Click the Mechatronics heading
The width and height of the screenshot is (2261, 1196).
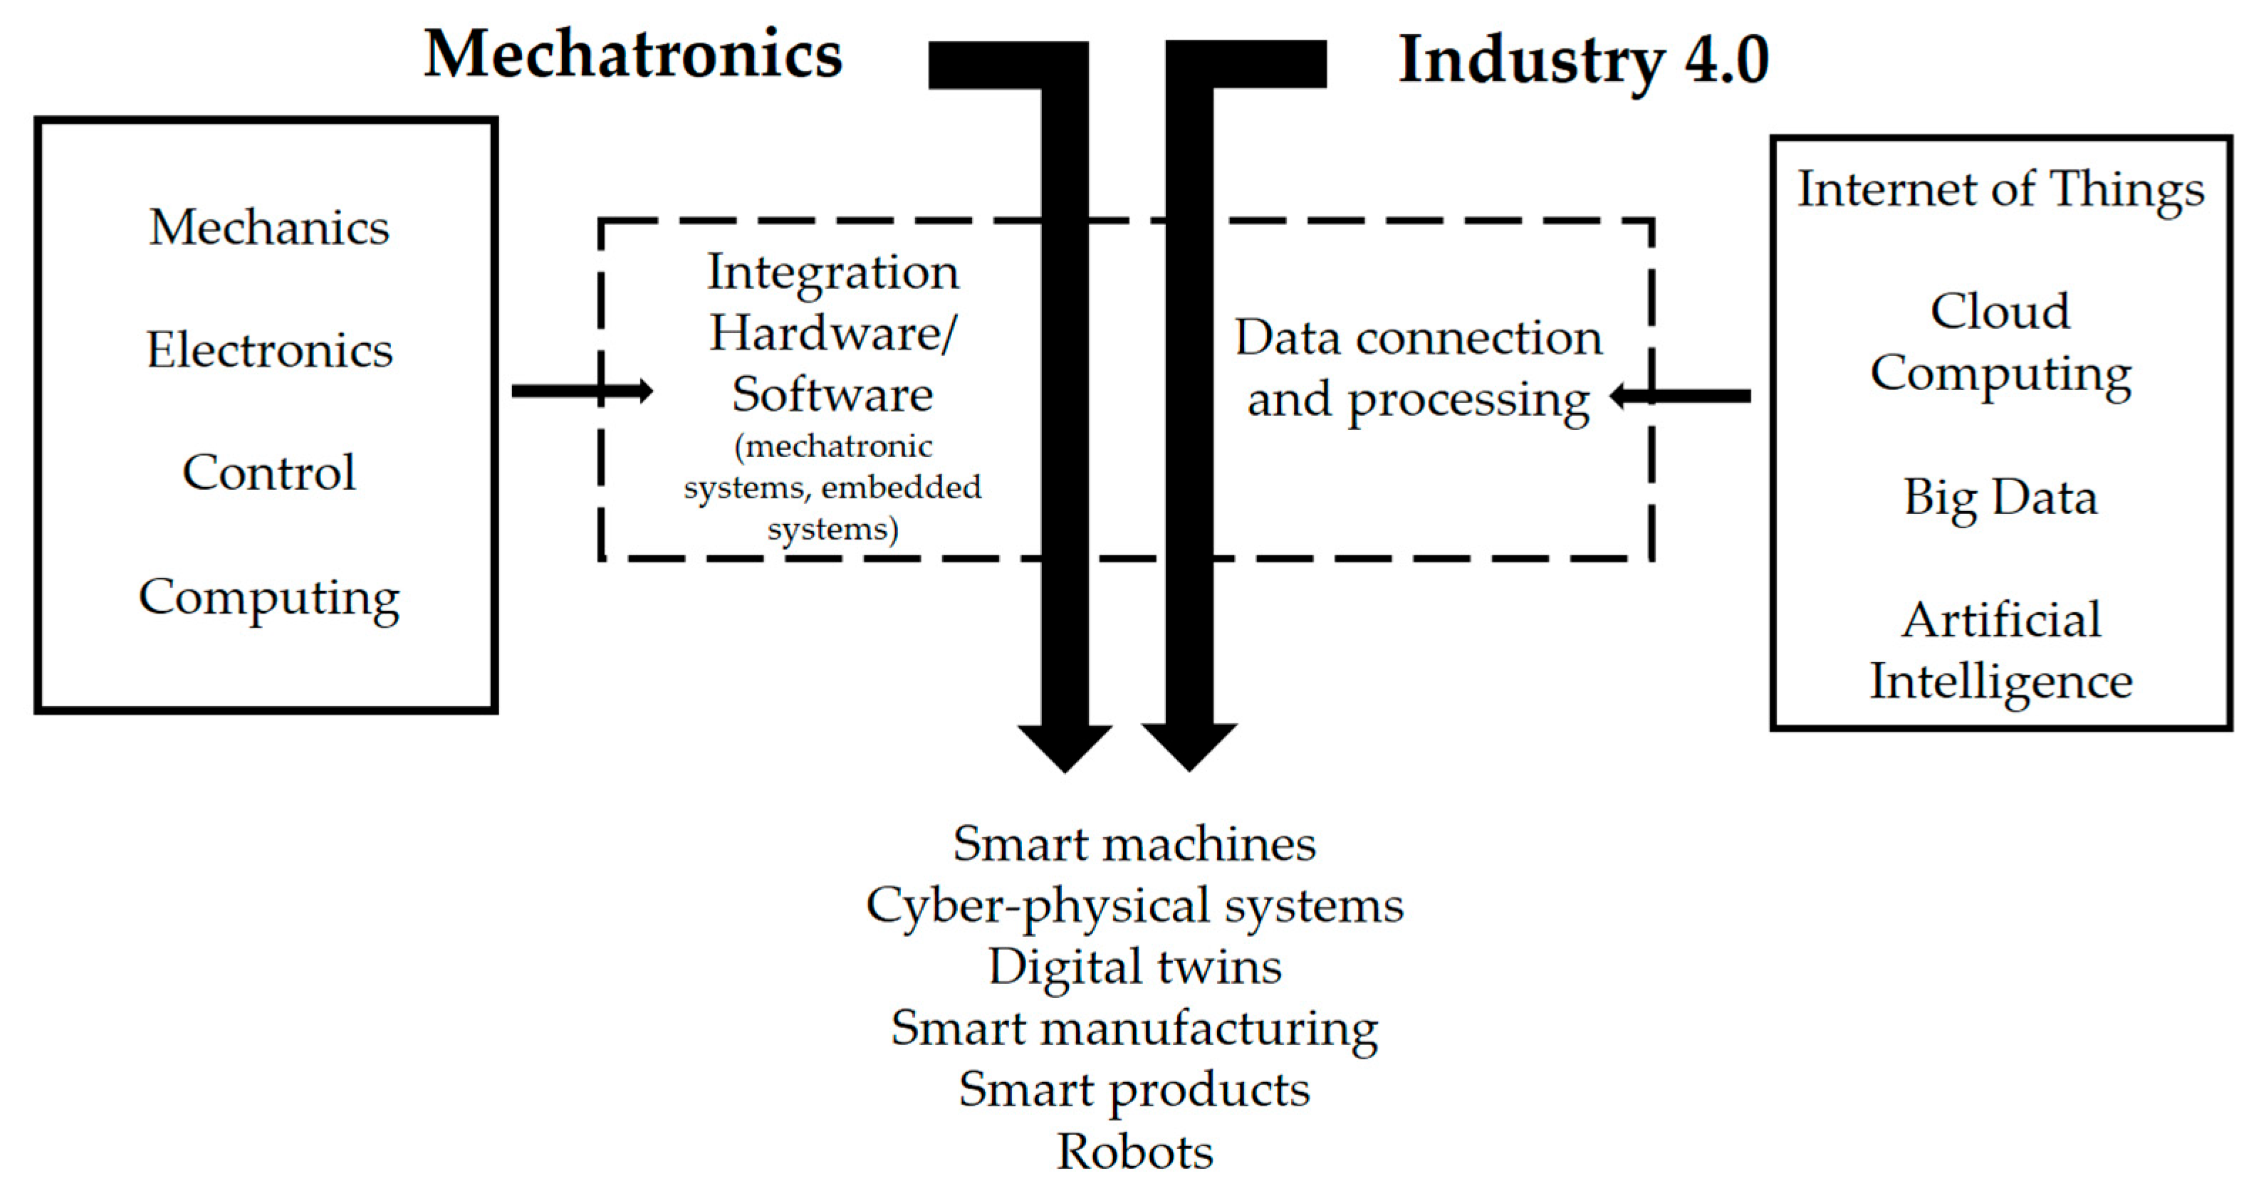point(633,54)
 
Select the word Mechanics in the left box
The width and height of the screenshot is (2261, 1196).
point(268,227)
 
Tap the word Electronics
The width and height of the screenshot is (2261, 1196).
point(268,350)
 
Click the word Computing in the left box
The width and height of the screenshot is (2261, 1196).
point(268,599)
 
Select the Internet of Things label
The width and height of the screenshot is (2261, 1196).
point(2000,189)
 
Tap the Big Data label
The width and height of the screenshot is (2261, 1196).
point(2000,498)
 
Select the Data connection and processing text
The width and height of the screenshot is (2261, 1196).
point(1419,369)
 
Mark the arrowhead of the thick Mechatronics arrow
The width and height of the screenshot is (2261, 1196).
point(1065,747)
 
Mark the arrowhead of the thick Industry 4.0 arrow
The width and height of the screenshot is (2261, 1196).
point(1189,746)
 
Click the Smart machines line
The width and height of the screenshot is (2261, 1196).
point(1134,844)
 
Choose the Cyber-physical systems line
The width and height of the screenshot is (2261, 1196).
point(1134,906)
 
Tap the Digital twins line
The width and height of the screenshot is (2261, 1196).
point(1134,967)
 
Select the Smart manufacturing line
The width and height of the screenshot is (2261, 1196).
point(1134,1029)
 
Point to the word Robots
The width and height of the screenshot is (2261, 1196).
point(1134,1151)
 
